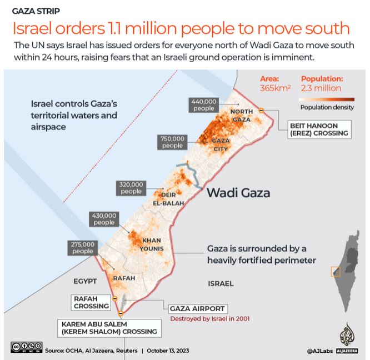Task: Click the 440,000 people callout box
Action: pos(204,105)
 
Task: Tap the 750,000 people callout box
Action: pos(172,142)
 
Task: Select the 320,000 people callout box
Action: pos(131,188)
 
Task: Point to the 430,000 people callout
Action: pos(104,219)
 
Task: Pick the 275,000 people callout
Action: pos(82,247)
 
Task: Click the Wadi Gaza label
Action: pos(238,193)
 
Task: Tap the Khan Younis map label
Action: pos(151,244)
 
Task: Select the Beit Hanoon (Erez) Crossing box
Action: pos(319,129)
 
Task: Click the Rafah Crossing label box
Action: pos(91,302)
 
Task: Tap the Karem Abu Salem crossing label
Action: pos(109,328)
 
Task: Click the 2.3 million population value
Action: pos(321,88)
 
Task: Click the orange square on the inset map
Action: pos(336,272)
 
